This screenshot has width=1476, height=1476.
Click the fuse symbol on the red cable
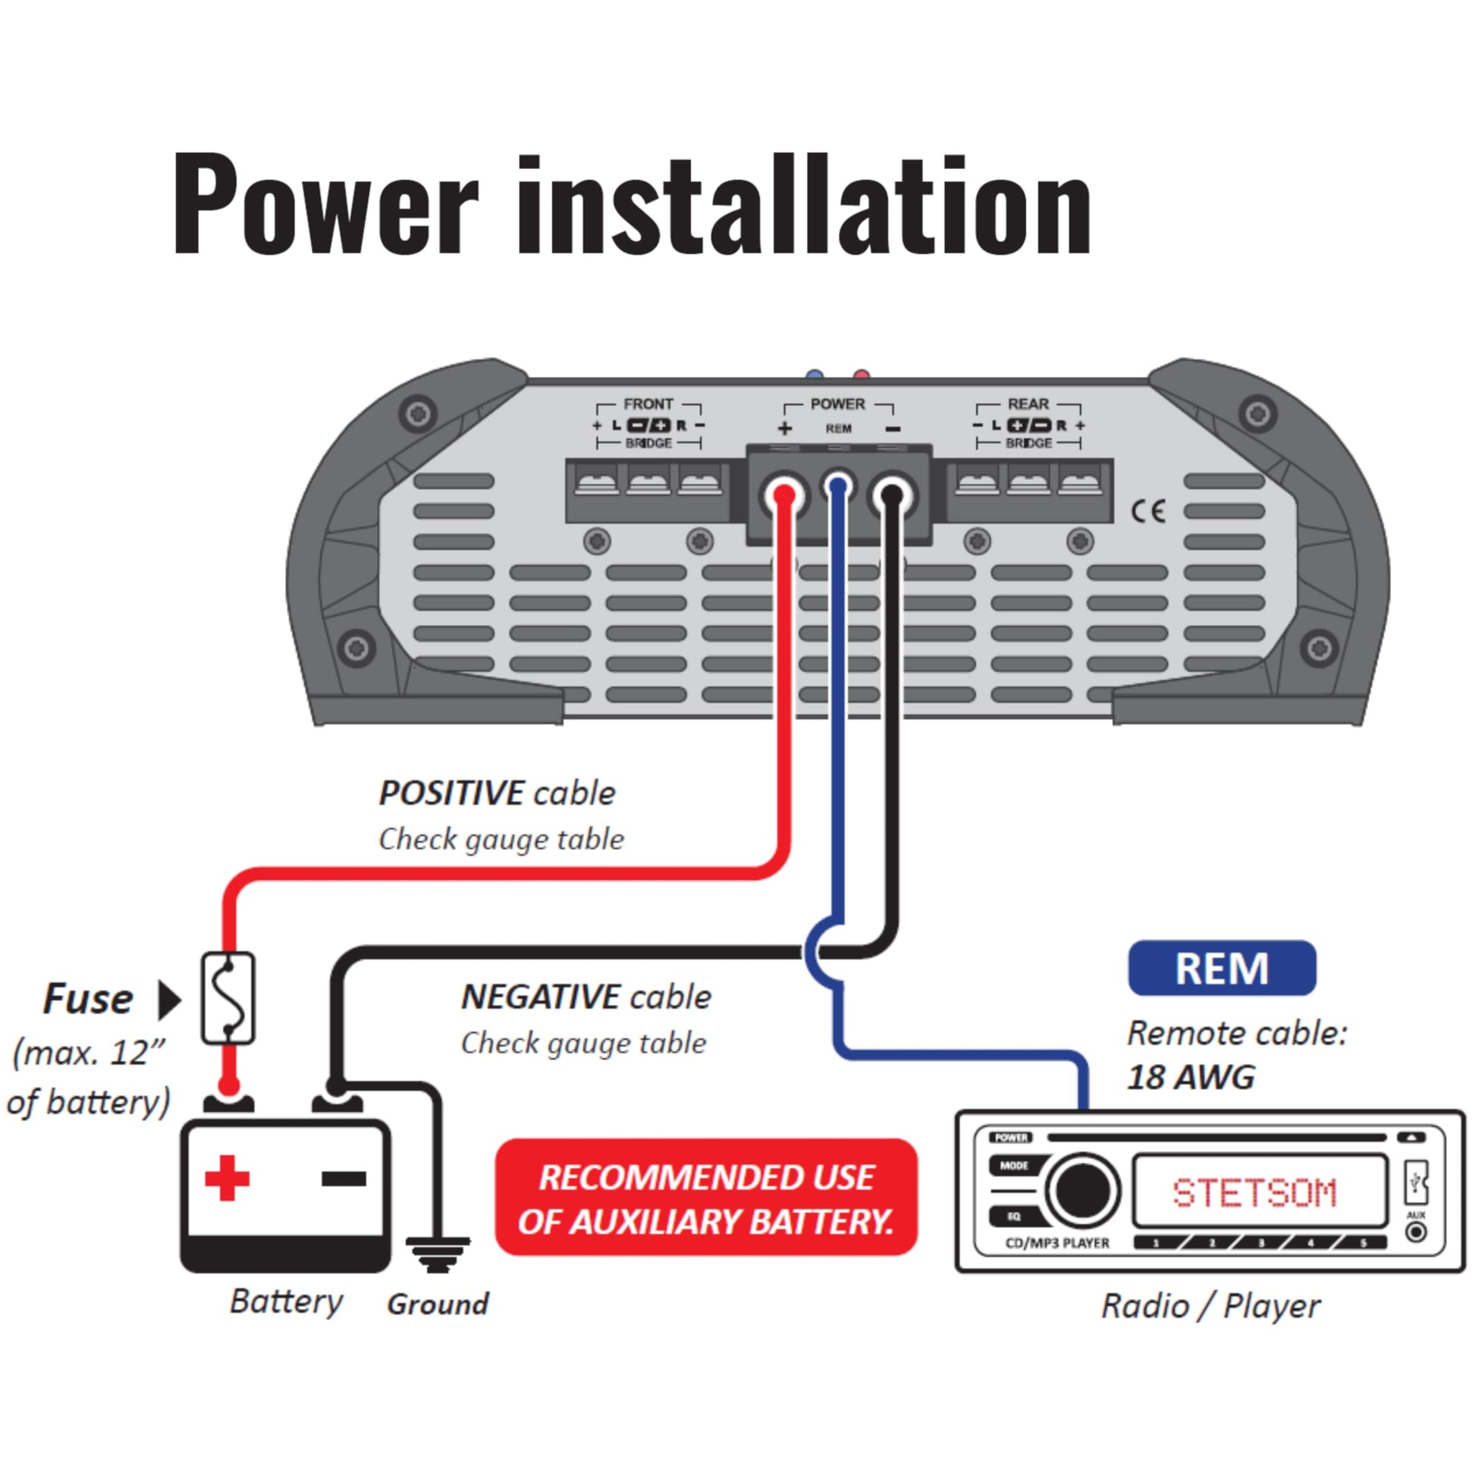coord(228,997)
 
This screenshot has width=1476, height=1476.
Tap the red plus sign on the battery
coord(227,1178)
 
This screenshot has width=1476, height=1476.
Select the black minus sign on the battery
coord(343,1179)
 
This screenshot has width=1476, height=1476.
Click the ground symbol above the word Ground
coord(438,1255)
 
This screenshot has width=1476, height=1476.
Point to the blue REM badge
coord(1222,968)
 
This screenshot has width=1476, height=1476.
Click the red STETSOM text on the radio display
coord(1255,1192)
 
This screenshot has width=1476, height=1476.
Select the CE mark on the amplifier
coord(1148,511)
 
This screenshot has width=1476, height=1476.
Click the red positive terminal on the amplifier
coord(784,495)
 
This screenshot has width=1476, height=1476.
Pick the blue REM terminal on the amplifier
coord(838,487)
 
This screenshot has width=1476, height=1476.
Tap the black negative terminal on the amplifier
coord(891,495)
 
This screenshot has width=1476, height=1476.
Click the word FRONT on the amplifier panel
coord(648,404)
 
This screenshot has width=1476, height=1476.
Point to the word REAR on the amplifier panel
coord(1028,404)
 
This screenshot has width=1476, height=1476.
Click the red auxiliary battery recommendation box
coord(706,1198)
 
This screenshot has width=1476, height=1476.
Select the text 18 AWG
coord(1191,1078)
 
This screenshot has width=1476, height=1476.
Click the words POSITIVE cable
coord(497,794)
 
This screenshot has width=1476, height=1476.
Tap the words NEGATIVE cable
coord(586,997)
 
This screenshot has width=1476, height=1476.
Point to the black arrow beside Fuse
coord(169,1000)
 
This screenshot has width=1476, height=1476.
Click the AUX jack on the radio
coord(1415,1232)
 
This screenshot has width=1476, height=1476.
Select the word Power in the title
coord(325,204)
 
